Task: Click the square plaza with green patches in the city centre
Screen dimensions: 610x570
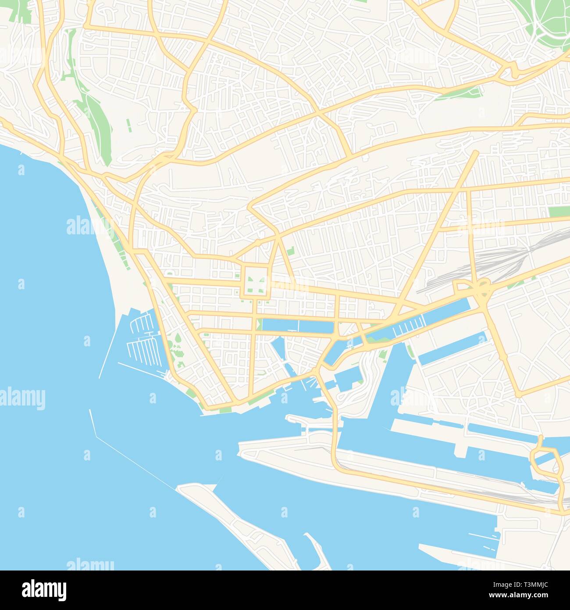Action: pyautogui.click(x=255, y=282)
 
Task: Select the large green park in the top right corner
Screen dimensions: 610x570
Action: pyautogui.click(x=550, y=22)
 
